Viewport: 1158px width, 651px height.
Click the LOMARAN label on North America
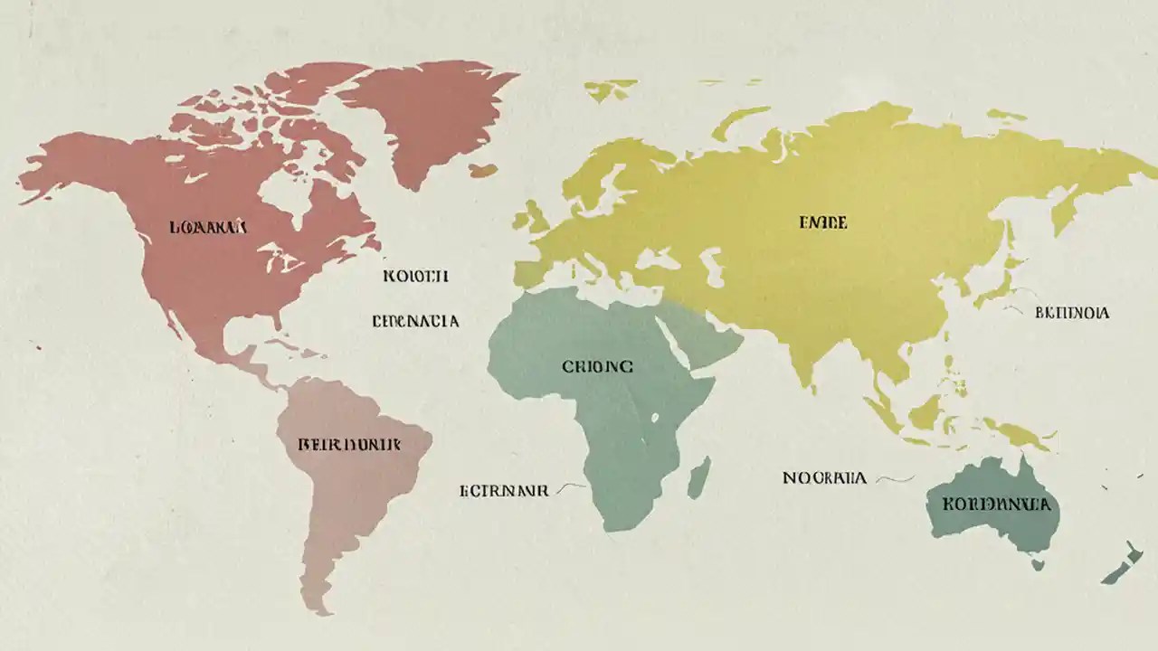tap(207, 227)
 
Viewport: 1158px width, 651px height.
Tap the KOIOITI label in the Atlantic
tap(415, 276)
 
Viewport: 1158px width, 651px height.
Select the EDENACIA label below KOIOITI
tap(415, 321)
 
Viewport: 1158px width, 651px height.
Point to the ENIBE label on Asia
tap(822, 222)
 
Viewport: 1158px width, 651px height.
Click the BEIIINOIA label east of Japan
tap(1071, 313)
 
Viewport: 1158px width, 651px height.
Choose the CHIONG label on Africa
tap(597, 367)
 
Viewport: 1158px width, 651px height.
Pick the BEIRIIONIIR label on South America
tap(349, 445)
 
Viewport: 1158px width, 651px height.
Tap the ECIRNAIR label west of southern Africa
tap(504, 491)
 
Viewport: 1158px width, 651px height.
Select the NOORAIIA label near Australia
tap(824, 477)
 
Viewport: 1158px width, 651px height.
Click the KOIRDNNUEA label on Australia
tap(996, 504)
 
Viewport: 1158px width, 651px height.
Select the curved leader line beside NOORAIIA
tap(895, 478)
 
